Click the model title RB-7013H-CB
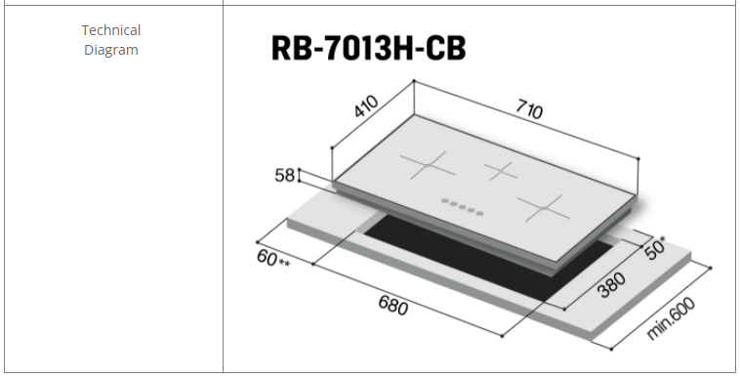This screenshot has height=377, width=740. point(369,48)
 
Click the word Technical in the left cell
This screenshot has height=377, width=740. point(111,30)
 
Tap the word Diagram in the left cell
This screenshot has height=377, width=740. point(111,50)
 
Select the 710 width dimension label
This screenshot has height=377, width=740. point(529,109)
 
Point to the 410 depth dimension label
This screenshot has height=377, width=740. point(366,106)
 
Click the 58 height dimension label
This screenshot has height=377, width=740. point(285,175)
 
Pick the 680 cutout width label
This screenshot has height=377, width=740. point(393,305)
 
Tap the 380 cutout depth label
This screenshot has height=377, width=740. point(612,285)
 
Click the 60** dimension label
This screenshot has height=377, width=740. point(273,259)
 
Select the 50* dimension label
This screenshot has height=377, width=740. point(655,248)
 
